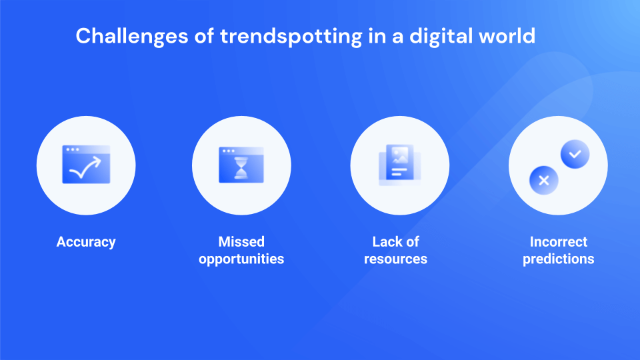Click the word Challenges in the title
(132, 36)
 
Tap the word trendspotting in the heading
(291, 37)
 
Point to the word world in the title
(507, 36)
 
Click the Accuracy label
(86, 242)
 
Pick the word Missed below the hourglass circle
(241, 241)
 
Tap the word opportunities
(241, 259)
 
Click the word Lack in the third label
(385, 241)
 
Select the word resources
(395, 259)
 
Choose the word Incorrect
(559, 241)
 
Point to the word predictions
(559, 259)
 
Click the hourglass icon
(241, 168)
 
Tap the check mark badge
(575, 154)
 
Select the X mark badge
(544, 181)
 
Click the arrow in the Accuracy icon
(85, 168)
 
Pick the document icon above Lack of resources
(399, 165)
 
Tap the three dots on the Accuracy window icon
(73, 150)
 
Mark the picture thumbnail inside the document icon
(399, 155)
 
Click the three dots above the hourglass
(229, 151)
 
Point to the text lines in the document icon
(399, 172)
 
